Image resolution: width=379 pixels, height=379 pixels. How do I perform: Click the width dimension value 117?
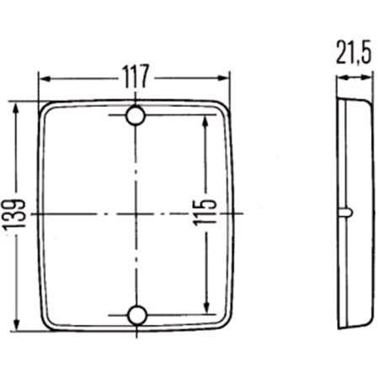[x=135, y=77]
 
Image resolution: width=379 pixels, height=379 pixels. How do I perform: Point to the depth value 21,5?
[x=354, y=56]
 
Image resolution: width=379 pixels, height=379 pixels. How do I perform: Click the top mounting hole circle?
[x=136, y=116]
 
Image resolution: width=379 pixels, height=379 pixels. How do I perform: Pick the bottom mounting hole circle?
[x=136, y=316]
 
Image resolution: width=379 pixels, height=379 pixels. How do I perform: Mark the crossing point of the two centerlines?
[x=136, y=216]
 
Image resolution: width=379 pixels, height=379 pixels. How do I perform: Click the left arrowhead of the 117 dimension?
[x=45, y=78]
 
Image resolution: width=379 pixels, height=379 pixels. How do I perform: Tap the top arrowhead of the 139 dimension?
[x=16, y=107]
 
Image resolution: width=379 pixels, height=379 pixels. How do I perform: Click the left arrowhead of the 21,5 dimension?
[x=339, y=78]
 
